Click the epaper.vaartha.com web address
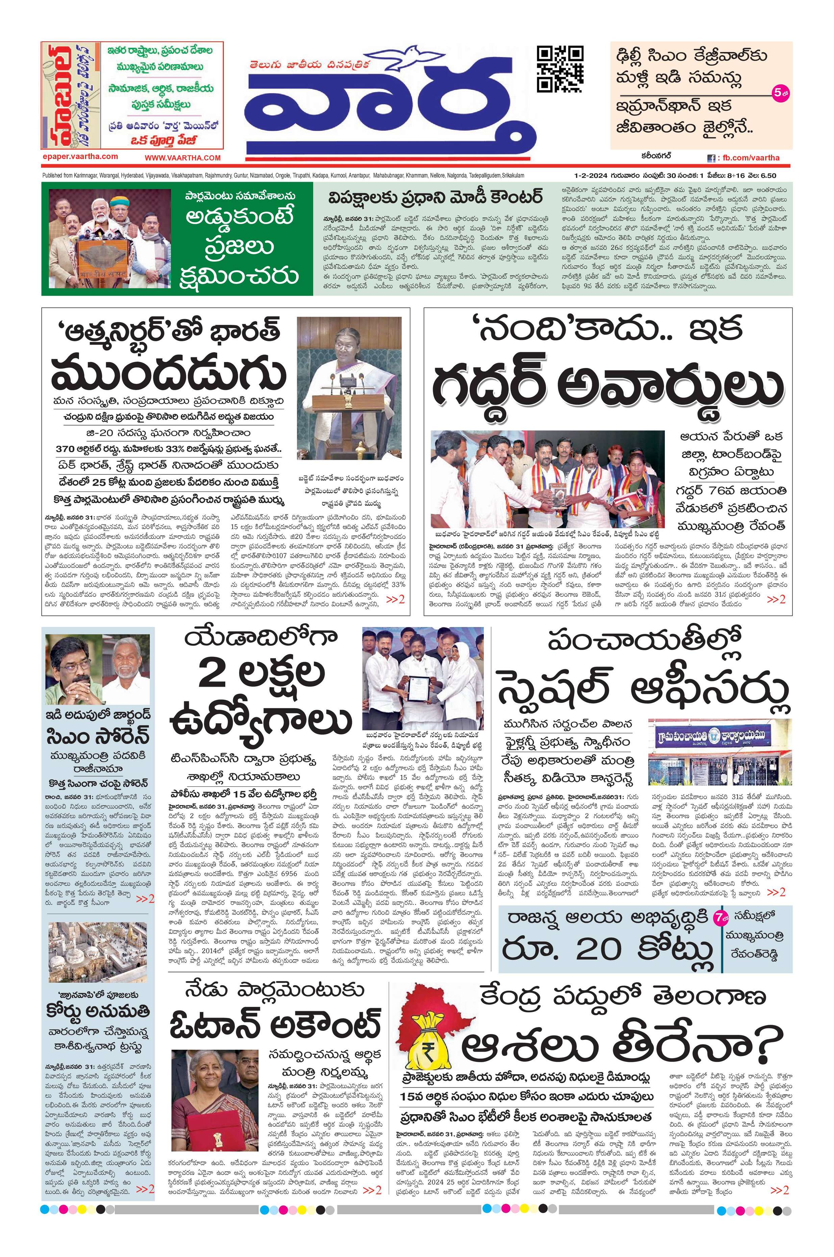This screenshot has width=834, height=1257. click(80, 156)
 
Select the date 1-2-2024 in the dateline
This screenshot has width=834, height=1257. click(589, 175)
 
